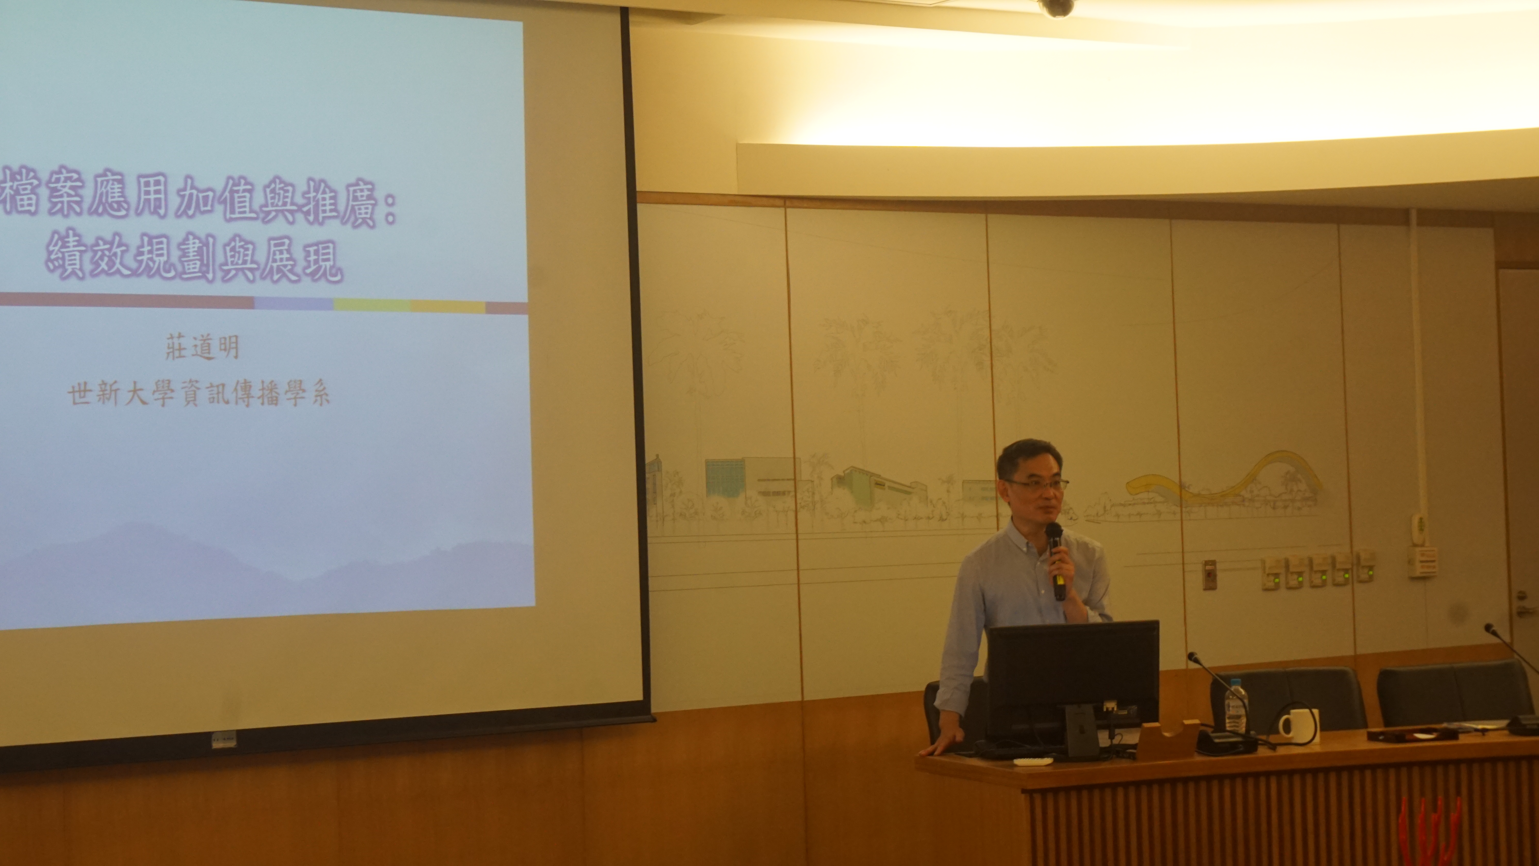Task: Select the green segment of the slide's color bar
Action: pyautogui.click(x=372, y=305)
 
